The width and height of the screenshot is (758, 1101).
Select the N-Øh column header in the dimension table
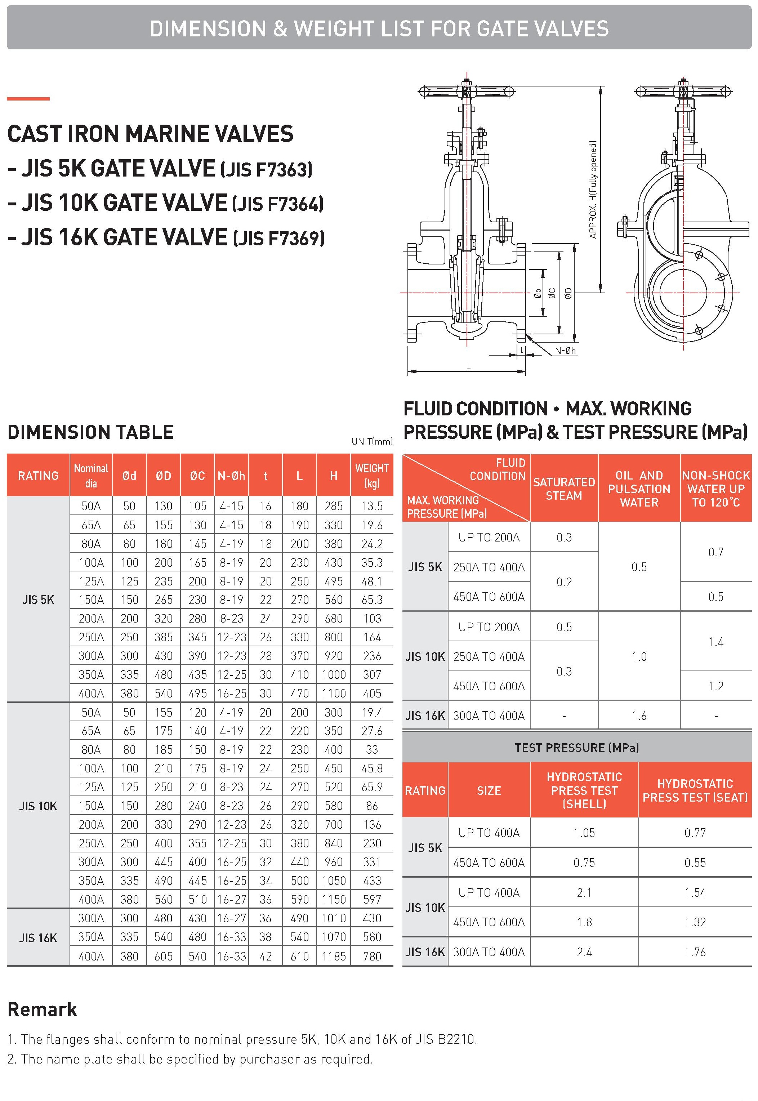click(x=231, y=476)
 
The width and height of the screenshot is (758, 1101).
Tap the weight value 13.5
click(x=371, y=506)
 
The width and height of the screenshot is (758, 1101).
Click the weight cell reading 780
click(x=371, y=956)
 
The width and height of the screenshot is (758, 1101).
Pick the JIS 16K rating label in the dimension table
click(x=38, y=937)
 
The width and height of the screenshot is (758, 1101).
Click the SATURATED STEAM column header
click(x=564, y=489)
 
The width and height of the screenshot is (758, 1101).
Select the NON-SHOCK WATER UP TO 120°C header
click(x=716, y=489)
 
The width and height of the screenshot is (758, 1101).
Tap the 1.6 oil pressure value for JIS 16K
click(x=639, y=716)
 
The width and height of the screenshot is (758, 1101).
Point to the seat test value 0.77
click(x=695, y=833)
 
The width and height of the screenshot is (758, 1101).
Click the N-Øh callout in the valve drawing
click(x=565, y=351)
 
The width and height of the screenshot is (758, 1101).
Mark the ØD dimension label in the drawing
click(x=568, y=294)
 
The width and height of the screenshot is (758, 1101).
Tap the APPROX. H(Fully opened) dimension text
click(x=592, y=190)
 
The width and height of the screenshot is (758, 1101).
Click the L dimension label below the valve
click(x=468, y=366)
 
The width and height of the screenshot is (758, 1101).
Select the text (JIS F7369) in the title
click(x=279, y=239)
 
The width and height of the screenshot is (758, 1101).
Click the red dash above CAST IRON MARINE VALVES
click(x=28, y=99)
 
